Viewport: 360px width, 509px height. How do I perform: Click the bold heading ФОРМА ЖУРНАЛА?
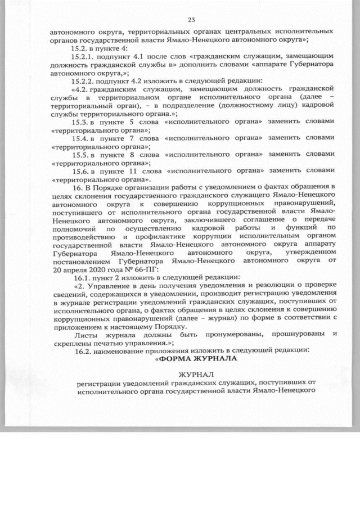(x=193, y=359)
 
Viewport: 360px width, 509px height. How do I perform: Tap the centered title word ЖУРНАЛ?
(x=193, y=375)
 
